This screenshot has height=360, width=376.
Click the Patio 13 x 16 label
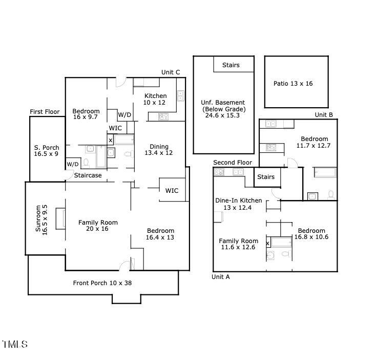[x=293, y=84]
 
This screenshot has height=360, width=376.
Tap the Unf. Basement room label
[x=223, y=109]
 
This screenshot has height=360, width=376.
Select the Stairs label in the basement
[x=231, y=65]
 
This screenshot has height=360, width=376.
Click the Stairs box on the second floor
[x=265, y=177]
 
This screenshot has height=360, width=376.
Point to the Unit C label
[x=171, y=72]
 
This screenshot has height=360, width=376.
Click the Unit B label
[x=324, y=115]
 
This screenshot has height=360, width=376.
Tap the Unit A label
[x=221, y=277]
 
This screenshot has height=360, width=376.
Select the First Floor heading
[x=45, y=112]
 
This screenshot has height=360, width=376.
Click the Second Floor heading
[x=233, y=163]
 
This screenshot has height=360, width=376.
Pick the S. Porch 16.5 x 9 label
[x=47, y=151]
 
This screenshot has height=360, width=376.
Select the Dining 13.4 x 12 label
[x=159, y=150]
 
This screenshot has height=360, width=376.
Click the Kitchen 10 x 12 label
[x=155, y=99]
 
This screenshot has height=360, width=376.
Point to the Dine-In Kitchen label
[x=238, y=204]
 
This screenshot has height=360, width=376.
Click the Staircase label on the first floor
[x=88, y=175]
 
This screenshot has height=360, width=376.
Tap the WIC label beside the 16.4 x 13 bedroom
[x=172, y=191]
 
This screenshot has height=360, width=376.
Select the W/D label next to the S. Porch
[x=72, y=164]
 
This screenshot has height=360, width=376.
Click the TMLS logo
[x=15, y=345]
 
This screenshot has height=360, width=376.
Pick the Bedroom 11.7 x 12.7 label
[x=314, y=142]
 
